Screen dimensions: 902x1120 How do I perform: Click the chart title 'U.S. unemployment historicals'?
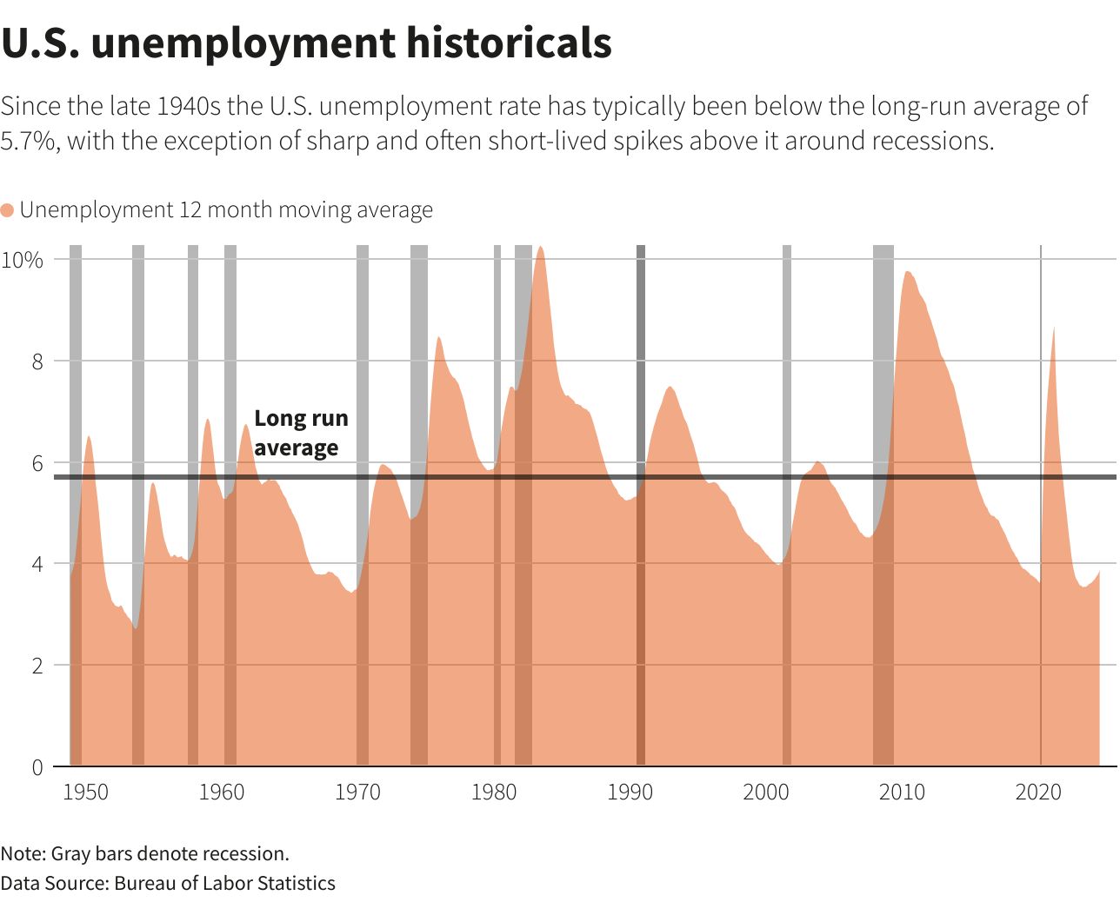[306, 43]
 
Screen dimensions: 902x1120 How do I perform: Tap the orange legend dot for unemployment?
[8, 210]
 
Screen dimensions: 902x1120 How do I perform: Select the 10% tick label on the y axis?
[23, 260]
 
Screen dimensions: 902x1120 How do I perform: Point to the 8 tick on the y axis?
[37, 361]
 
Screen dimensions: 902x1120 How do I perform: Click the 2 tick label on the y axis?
[37, 666]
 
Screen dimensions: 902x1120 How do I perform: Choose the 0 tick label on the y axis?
[37, 767]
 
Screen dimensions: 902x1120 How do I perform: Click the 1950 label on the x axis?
[86, 792]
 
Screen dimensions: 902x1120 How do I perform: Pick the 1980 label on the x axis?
[494, 792]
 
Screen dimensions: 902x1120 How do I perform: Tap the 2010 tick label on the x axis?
[902, 792]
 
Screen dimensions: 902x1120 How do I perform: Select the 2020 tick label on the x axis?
[1038, 792]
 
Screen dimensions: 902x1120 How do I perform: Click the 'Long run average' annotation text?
[300, 433]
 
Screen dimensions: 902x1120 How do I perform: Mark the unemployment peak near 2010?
[907, 273]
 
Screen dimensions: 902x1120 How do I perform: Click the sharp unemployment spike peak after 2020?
[1054, 328]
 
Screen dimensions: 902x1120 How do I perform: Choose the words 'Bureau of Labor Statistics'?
[224, 884]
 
